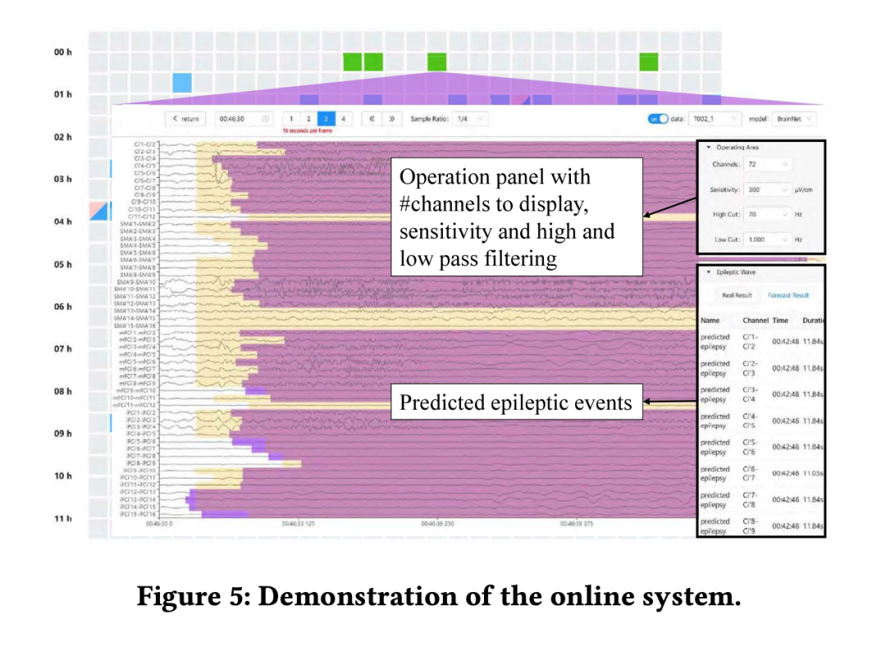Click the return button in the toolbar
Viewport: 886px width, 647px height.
pyautogui.click(x=185, y=119)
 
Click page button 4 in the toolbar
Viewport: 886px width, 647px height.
pyautogui.click(x=344, y=119)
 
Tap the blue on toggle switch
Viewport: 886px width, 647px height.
pyautogui.click(x=658, y=119)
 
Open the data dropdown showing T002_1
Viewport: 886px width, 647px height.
pyautogui.click(x=713, y=119)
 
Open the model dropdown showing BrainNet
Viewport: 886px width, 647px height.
pyautogui.click(x=793, y=119)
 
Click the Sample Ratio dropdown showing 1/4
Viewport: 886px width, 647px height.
pyautogui.click(x=469, y=119)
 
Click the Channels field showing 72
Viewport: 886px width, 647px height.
pyautogui.click(x=768, y=165)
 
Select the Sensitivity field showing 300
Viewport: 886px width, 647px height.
pyautogui.click(x=768, y=190)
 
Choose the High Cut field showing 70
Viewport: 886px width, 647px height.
pyautogui.click(x=768, y=214)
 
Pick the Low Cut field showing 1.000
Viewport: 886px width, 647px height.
pyautogui.click(x=768, y=239)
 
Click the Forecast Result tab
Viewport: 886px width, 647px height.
pyautogui.click(x=788, y=296)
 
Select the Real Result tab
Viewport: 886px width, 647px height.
pyautogui.click(x=737, y=296)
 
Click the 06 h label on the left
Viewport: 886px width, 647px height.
pyautogui.click(x=64, y=307)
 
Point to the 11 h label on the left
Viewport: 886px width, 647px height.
pyautogui.click(x=64, y=519)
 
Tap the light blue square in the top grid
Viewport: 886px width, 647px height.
pyautogui.click(x=182, y=82)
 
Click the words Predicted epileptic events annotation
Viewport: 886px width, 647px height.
pyautogui.click(x=516, y=403)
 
